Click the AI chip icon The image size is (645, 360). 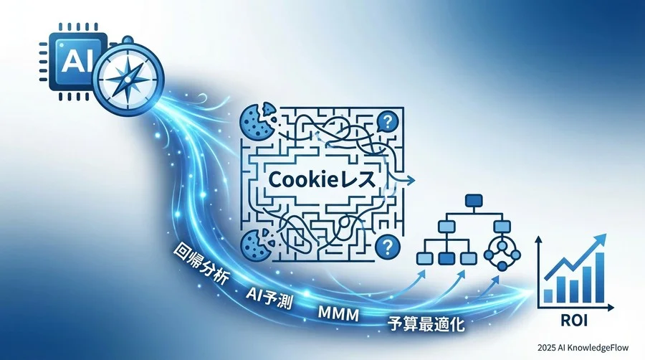[73, 62]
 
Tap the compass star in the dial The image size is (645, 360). [129, 77]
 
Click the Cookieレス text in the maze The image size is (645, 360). [322, 180]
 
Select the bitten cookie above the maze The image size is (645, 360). [258, 122]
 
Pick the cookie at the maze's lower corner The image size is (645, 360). [255, 245]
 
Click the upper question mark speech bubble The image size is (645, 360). [387, 121]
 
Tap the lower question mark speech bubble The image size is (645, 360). [387, 247]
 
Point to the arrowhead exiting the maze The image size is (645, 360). [411, 180]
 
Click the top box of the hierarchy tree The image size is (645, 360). [474, 201]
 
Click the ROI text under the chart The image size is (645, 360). [574, 321]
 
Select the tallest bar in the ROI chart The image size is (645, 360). [600, 278]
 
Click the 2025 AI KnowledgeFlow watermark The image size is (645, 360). [583, 348]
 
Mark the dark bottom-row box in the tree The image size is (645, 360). [446, 259]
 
